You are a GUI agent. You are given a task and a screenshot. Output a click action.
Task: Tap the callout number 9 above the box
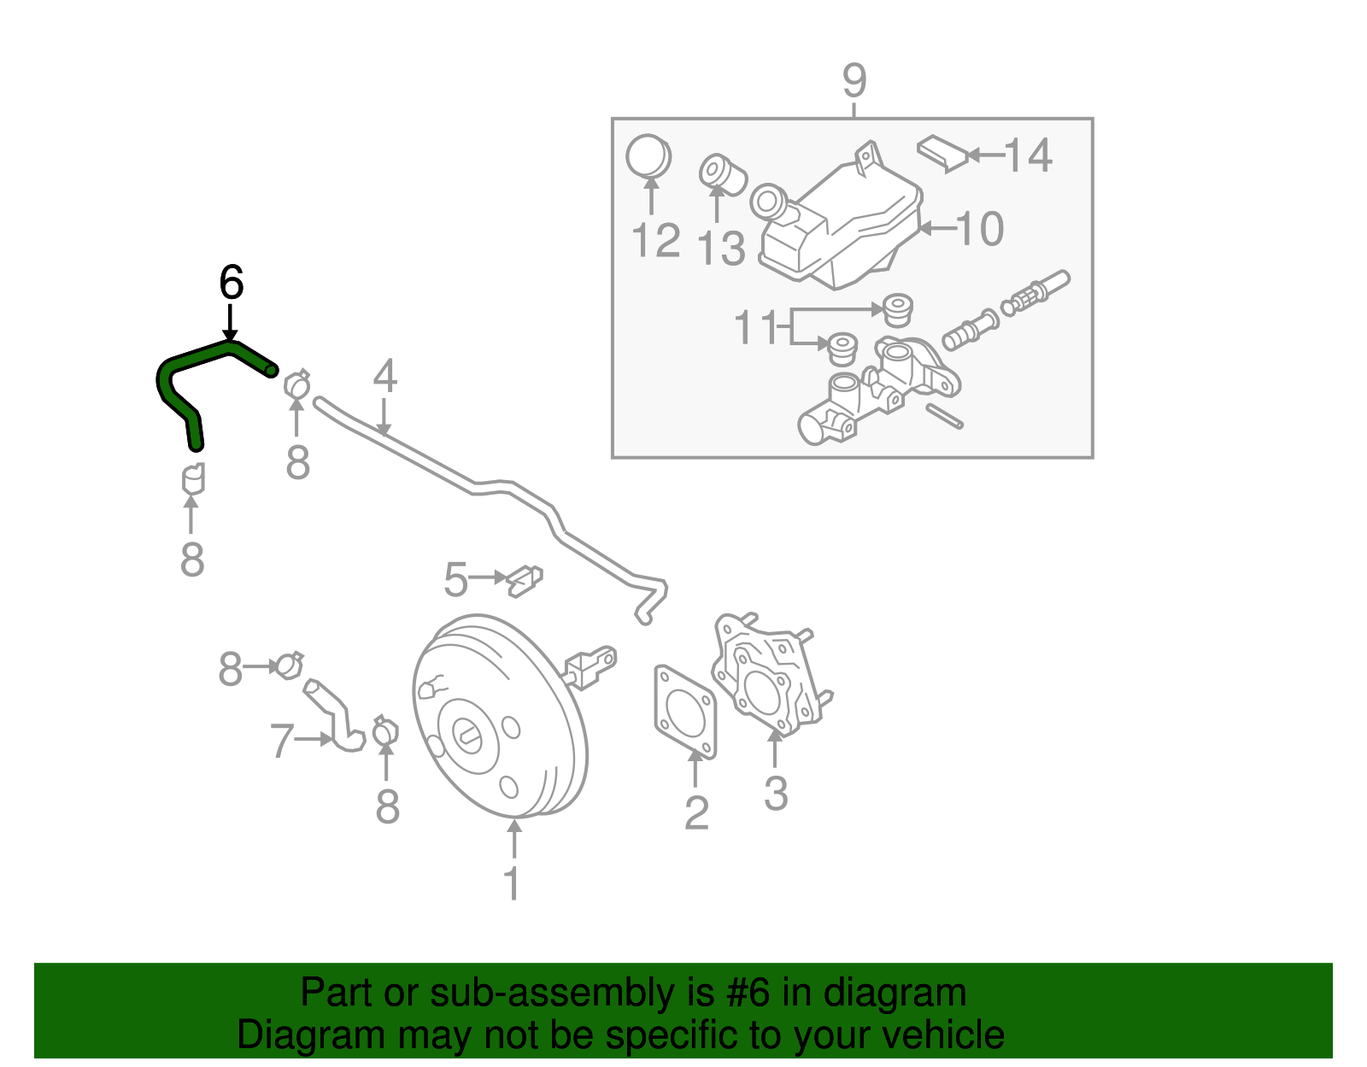click(854, 81)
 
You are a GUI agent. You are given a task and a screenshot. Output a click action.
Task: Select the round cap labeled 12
click(648, 156)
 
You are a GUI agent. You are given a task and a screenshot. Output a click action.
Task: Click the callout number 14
click(1028, 155)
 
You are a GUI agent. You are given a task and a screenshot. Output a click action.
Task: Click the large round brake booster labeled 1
click(500, 718)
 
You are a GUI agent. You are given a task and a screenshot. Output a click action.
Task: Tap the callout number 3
click(775, 794)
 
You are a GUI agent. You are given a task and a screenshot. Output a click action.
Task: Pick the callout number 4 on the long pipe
click(384, 376)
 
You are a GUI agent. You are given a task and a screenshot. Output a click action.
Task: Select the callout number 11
click(756, 327)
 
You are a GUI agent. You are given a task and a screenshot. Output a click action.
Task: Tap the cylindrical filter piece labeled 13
click(723, 173)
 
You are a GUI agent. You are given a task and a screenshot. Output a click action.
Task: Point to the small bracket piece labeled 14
click(943, 152)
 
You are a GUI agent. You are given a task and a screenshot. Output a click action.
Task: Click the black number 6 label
click(231, 283)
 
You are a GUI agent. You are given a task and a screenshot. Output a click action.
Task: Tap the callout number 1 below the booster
click(512, 884)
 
